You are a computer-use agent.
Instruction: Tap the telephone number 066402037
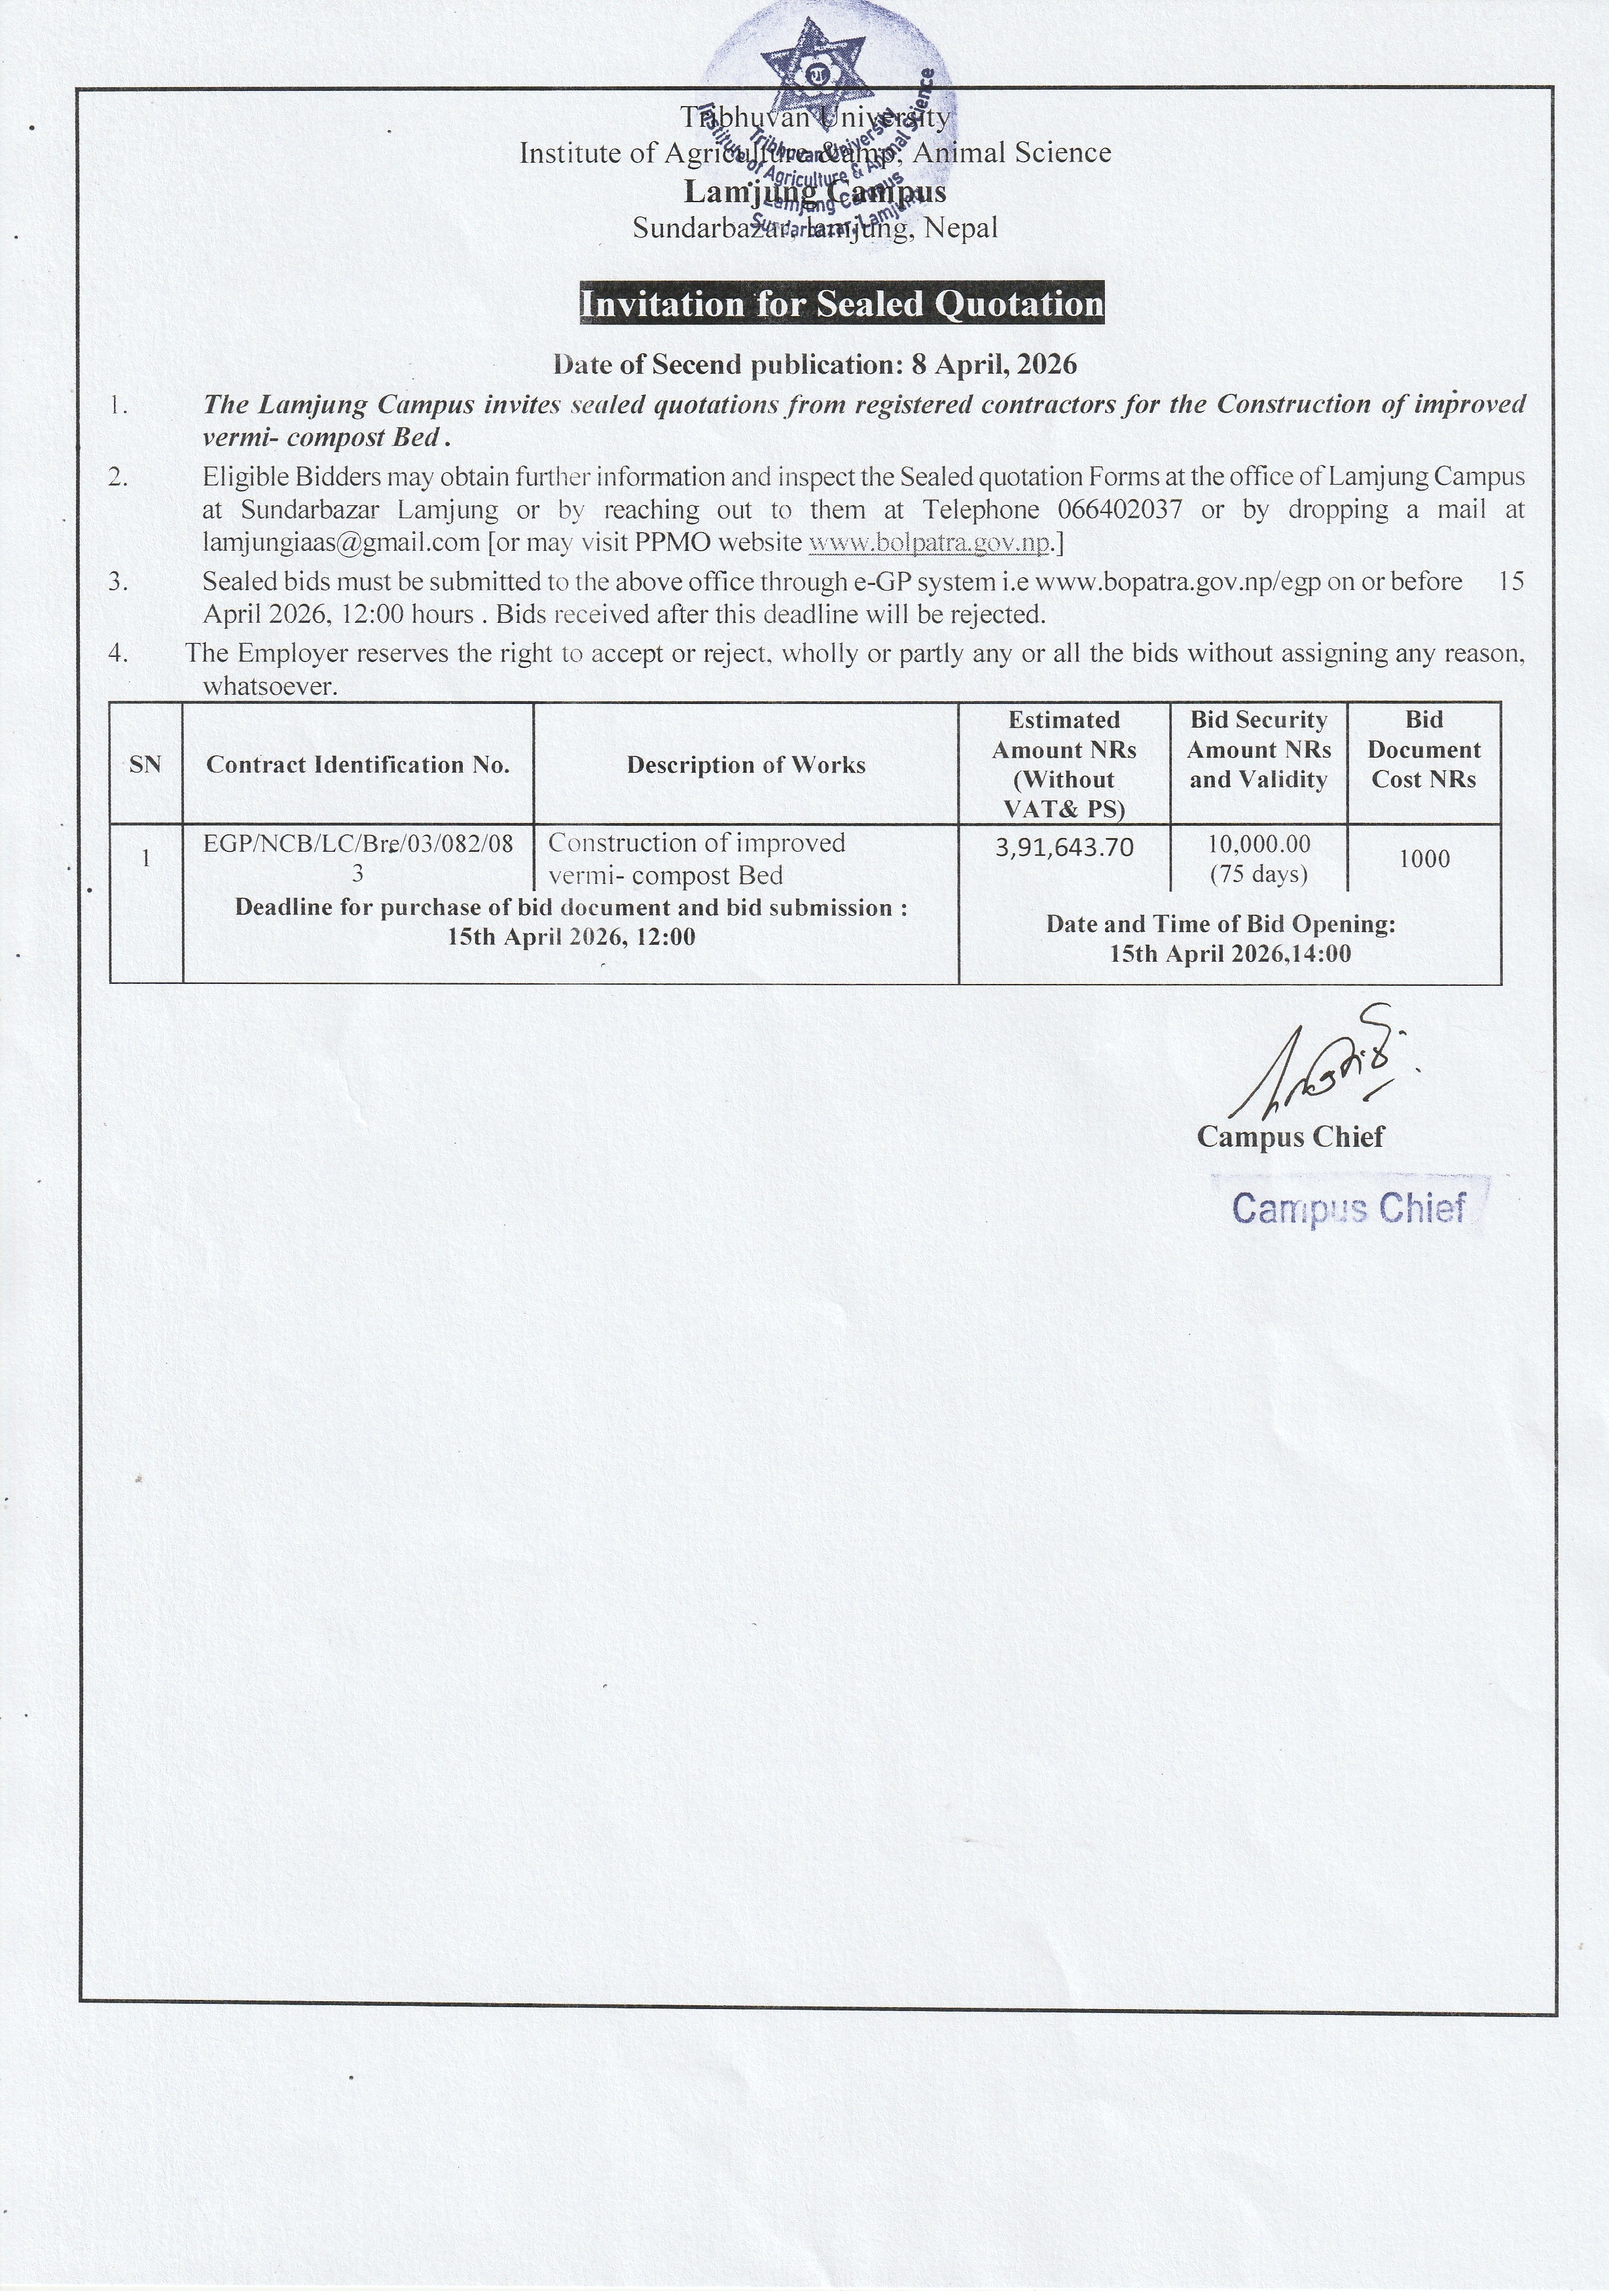tap(1119, 510)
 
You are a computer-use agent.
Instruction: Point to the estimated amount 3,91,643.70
tap(1064, 847)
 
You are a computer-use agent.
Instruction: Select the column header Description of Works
tap(746, 765)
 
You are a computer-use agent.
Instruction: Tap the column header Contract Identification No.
tap(357, 765)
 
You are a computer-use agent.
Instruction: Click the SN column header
tap(146, 765)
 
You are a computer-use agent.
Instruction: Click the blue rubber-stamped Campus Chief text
tap(1348, 1208)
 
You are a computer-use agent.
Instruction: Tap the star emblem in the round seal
tap(812, 72)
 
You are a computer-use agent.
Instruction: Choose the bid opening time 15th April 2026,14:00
tap(1230, 954)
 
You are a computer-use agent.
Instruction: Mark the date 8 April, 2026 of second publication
tap(994, 365)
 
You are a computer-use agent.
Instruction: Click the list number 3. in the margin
tap(118, 581)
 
